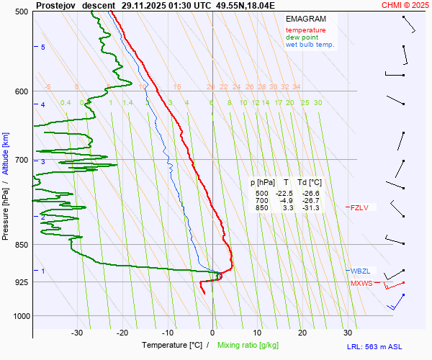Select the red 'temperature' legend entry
tap(305, 30)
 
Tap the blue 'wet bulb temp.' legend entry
tap(310, 45)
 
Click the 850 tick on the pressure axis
tap(21, 245)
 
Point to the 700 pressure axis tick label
tap(21, 160)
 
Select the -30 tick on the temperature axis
tap(77, 333)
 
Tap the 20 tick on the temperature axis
tap(302, 333)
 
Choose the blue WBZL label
tap(360, 271)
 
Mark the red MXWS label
tap(361, 284)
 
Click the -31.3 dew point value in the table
tap(311, 208)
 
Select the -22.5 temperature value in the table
tap(286, 194)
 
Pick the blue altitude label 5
tap(43, 47)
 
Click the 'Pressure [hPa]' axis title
tap(6, 207)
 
